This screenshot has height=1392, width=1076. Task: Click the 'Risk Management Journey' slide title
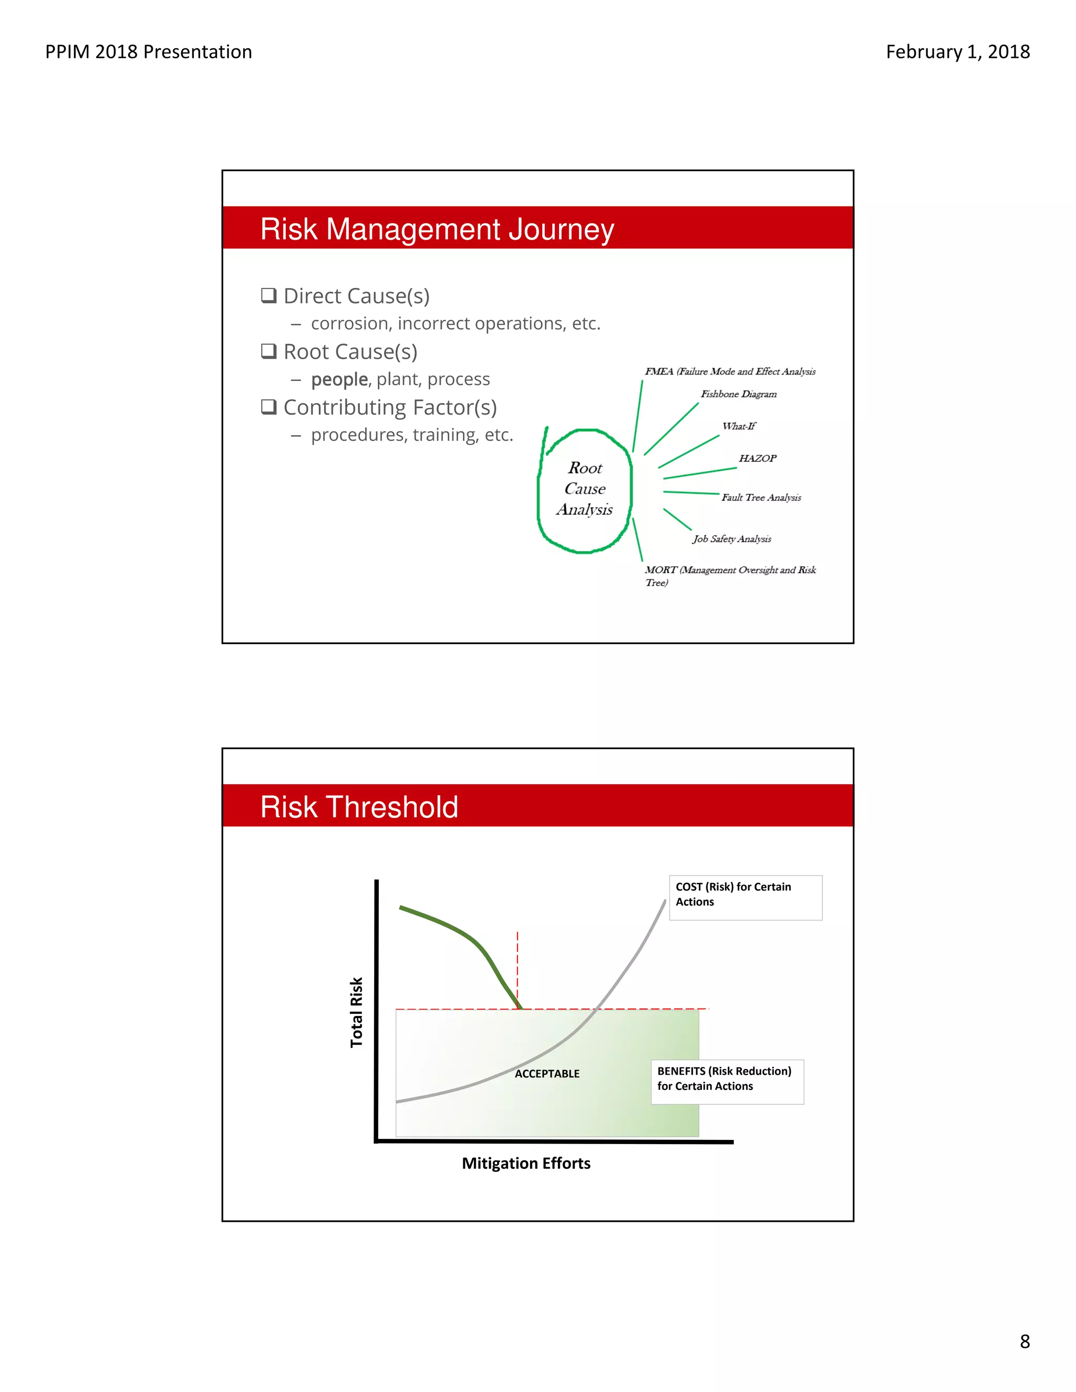[x=437, y=229]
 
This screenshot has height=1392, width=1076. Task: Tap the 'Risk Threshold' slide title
[x=359, y=807]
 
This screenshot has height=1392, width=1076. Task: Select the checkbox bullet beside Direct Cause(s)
[x=269, y=295]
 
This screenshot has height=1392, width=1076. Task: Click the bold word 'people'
[x=339, y=379]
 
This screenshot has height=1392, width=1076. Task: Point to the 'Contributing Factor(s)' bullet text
[x=389, y=407]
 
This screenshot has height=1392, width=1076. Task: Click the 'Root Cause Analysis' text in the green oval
[x=585, y=489]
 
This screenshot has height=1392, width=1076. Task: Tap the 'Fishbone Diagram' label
[x=738, y=394]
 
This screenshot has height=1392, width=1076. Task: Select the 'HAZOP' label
[x=757, y=458]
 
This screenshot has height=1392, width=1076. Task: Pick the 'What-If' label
[x=738, y=426]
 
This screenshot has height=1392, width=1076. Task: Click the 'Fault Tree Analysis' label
[x=761, y=497]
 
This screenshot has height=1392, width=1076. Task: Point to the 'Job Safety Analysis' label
[x=732, y=538]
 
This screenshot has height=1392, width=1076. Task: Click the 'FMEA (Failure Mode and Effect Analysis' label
[x=730, y=371]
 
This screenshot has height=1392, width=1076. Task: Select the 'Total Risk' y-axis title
[x=356, y=1012]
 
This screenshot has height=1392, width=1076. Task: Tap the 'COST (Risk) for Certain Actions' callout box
[x=745, y=897]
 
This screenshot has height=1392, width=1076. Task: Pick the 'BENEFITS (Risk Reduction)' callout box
[x=727, y=1082]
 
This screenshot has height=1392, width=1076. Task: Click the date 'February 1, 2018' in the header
[x=957, y=51]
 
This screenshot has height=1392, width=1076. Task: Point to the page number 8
[x=1025, y=1342]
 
